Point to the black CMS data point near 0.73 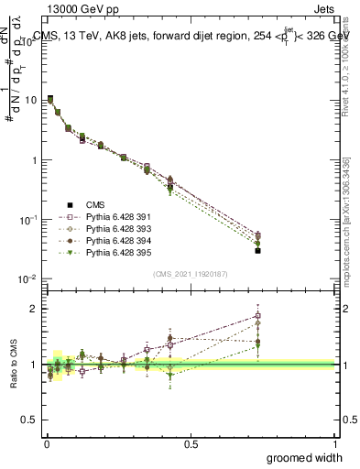tap(258, 250)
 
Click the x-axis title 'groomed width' tap(305, 457)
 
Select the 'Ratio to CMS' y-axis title tap(13, 364)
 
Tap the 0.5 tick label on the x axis tap(191, 442)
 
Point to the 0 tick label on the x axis tap(46, 442)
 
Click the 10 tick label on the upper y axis tap(29, 100)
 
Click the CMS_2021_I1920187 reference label tap(191, 274)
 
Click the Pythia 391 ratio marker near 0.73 tap(258, 316)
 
